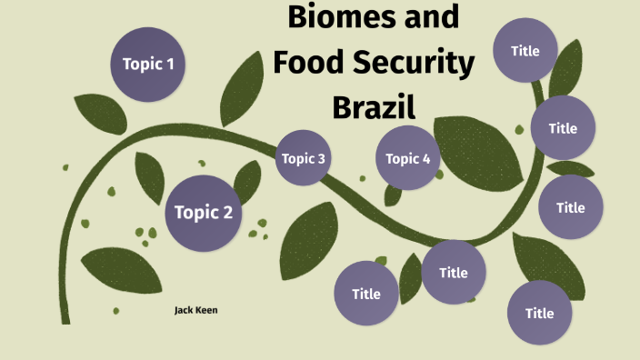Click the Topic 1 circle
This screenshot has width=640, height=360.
pos(148,64)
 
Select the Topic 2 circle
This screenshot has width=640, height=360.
pos(203,213)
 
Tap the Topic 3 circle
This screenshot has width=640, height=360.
pos(303,158)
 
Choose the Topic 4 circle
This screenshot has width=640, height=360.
pos(408,158)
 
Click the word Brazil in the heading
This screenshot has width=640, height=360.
pos(374,108)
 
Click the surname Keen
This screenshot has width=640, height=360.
pos(207,310)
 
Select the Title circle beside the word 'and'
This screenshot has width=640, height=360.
pos(525,50)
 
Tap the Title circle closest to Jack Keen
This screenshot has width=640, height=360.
pos(366,293)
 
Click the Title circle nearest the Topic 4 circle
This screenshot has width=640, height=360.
pos(453,272)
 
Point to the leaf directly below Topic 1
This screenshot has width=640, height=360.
pos(100,113)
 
